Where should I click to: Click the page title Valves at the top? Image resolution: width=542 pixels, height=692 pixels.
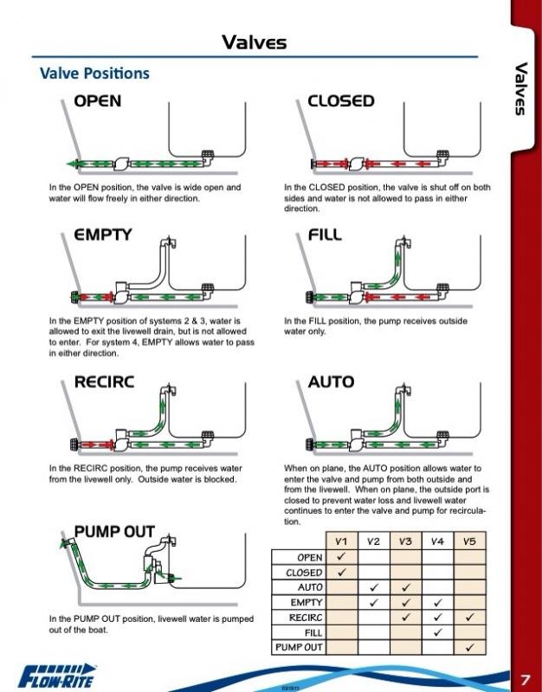pos(254,41)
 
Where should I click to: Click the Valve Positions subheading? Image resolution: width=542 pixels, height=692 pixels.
pos(94,74)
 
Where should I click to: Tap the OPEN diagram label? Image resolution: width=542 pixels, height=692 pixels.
pos(97,101)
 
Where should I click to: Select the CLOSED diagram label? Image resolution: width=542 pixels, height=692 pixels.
pos(341,101)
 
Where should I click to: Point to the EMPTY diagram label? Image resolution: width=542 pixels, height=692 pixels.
pos(102,234)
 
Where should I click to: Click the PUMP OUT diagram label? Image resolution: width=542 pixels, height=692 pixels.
pos(114,531)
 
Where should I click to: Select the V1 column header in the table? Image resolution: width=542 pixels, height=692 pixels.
pos(341,541)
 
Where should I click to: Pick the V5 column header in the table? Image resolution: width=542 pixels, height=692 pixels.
pos(469,541)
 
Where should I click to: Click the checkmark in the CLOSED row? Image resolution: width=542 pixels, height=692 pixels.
pos(341,572)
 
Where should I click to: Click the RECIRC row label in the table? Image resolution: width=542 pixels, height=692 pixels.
pos(305,617)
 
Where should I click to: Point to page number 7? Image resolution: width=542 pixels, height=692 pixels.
pos(525,677)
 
